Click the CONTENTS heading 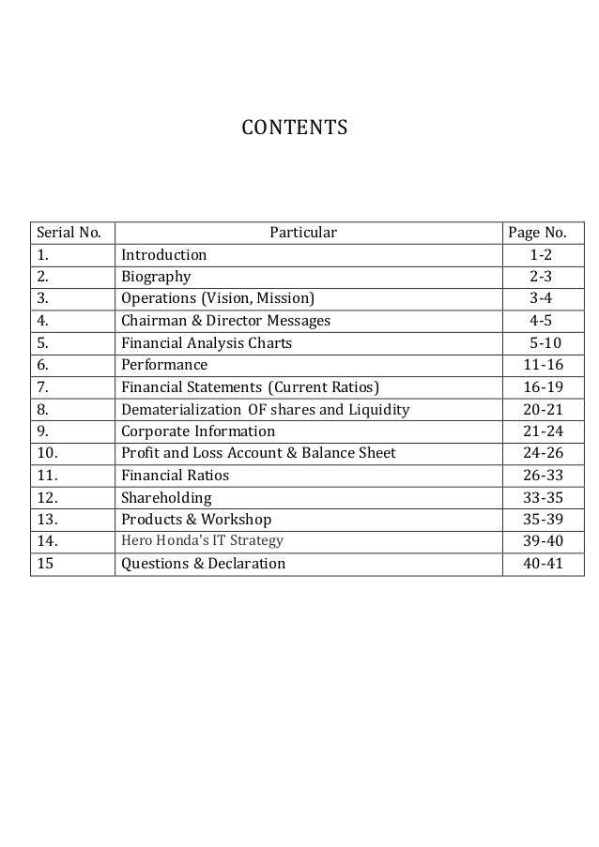coord(295,126)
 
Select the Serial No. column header coord(69,233)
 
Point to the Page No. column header coord(536,233)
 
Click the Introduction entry coord(163,255)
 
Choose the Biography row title coord(156,277)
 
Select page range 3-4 coord(540,299)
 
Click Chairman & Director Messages coord(225,321)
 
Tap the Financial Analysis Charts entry coord(207,343)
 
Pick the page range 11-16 coord(540,365)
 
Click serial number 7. coord(42,387)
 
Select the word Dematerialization coord(179,410)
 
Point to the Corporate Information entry coord(198,431)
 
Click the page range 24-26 coord(540,454)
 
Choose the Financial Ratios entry coord(175,476)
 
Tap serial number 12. coord(46,498)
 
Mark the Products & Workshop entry coord(196,520)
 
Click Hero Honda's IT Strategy coord(202,541)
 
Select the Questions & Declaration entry coord(203,564)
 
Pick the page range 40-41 coord(540,564)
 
